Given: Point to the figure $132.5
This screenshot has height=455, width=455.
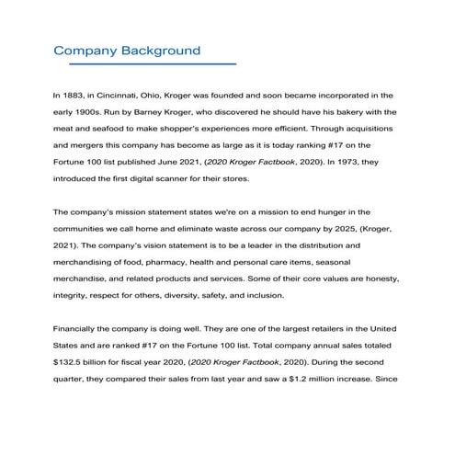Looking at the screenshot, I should pyautogui.click(x=71, y=363).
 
